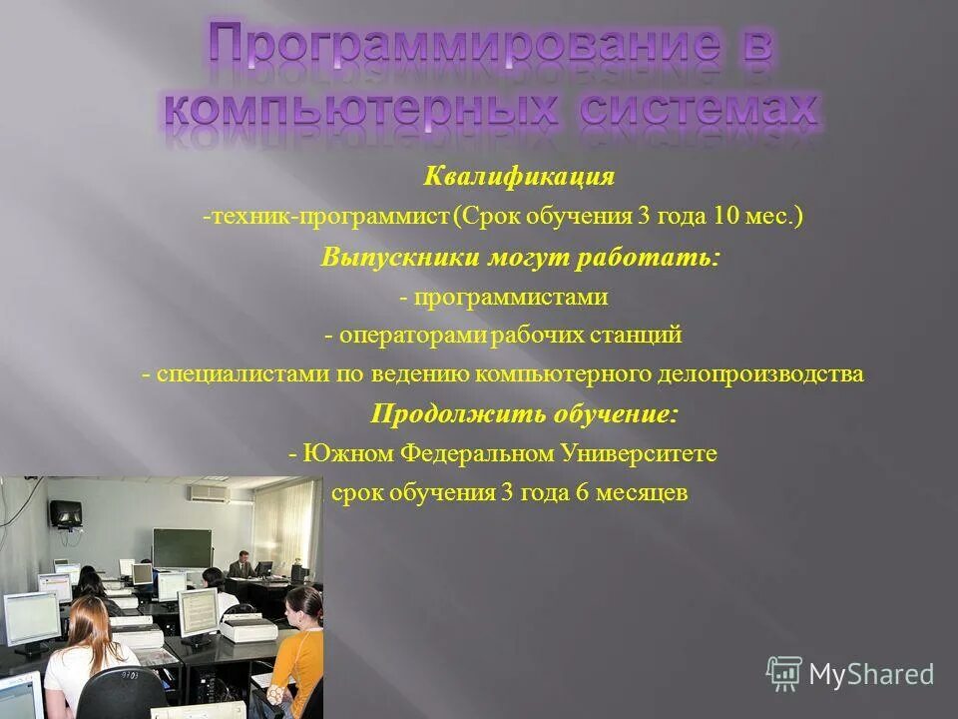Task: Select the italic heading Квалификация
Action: click(519, 178)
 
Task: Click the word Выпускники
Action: click(401, 257)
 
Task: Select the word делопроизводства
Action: click(760, 374)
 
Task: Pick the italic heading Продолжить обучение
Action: click(510, 413)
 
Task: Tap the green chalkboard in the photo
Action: click(182, 547)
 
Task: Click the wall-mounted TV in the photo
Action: click(66, 513)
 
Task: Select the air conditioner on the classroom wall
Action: click(209, 492)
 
